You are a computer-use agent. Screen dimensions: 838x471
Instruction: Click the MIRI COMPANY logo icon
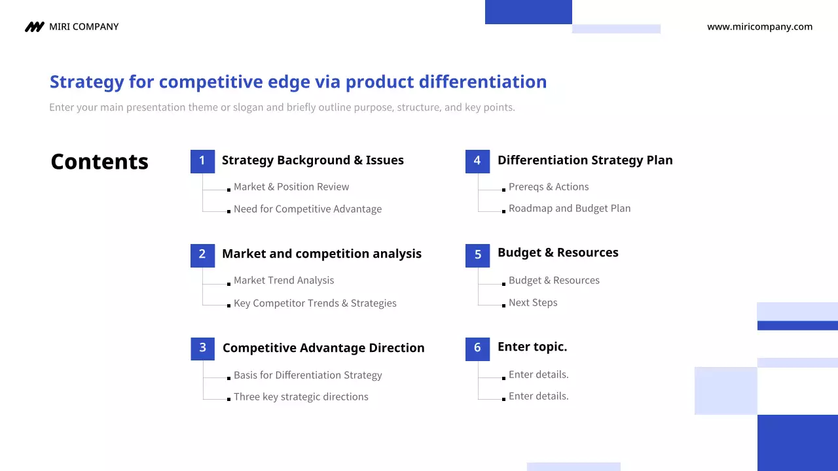[x=35, y=27]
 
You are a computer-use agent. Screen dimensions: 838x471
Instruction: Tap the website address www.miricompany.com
[x=759, y=27]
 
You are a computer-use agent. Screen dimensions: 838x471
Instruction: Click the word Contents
[x=100, y=162]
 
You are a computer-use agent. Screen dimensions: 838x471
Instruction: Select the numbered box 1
[x=202, y=162]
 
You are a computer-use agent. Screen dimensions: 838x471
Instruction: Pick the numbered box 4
[x=477, y=162]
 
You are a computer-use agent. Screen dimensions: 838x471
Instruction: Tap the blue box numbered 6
[x=477, y=349]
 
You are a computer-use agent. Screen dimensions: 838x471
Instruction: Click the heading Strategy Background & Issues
[x=313, y=160]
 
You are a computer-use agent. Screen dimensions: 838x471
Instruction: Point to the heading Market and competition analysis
[x=321, y=254]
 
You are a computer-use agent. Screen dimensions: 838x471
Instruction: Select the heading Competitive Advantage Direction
[x=323, y=348]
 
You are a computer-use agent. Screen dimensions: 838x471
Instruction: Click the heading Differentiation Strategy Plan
[x=585, y=160]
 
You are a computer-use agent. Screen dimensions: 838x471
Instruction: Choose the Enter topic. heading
[x=532, y=347]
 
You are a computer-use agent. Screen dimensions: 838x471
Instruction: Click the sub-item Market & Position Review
[x=291, y=186]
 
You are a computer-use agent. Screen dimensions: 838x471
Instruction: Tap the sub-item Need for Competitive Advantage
[x=308, y=209]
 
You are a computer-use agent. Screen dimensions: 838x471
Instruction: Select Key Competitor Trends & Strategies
[x=315, y=303]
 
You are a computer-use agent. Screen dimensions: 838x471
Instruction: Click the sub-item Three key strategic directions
[x=301, y=396]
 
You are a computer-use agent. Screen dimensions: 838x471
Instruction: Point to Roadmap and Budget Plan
[x=570, y=208]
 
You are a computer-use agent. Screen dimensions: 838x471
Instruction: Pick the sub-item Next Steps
[x=533, y=302]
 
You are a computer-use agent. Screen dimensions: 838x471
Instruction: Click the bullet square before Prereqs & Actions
[x=503, y=190]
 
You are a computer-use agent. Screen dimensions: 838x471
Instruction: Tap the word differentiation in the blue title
[x=483, y=82]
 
